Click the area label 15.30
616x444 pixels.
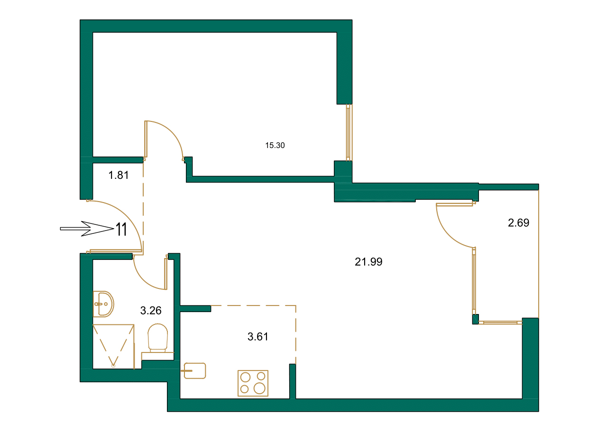[x=275, y=146]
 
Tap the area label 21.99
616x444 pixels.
[x=368, y=261]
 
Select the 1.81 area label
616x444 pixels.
[x=119, y=175]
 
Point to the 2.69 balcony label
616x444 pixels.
[x=518, y=222]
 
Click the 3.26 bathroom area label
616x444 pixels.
[x=151, y=311]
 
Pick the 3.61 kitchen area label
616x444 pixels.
[x=258, y=337]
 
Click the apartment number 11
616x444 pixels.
[x=121, y=230]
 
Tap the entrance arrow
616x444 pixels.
[x=85, y=229]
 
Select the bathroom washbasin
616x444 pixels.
[x=103, y=304]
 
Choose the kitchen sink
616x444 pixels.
[x=194, y=370]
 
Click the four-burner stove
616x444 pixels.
[x=253, y=383]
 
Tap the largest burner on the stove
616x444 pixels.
[x=259, y=388]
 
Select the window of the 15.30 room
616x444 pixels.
[x=349, y=132]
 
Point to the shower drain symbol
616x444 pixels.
[x=113, y=366]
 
